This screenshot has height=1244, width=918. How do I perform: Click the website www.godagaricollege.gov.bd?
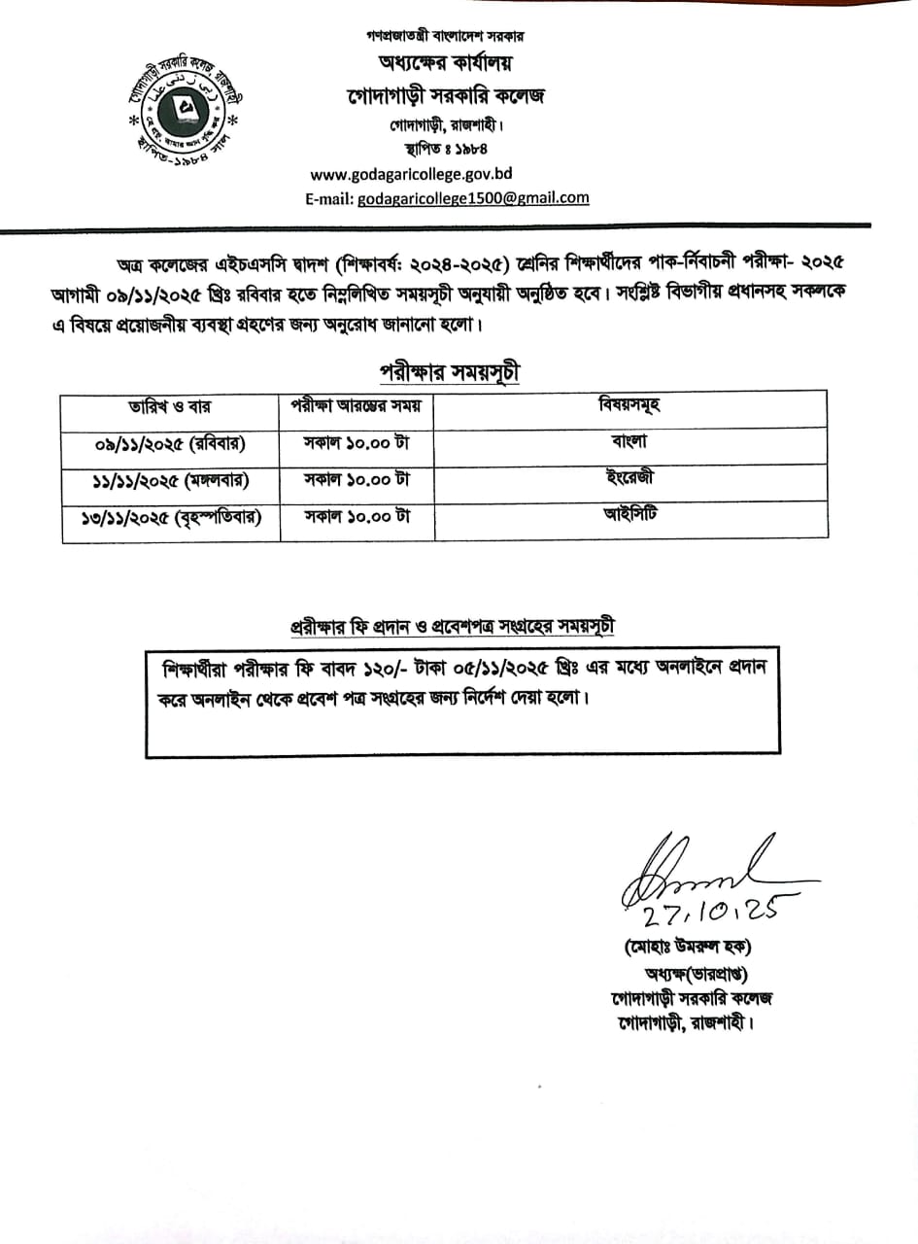tap(411, 175)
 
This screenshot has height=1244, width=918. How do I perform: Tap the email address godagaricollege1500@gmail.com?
tap(473, 197)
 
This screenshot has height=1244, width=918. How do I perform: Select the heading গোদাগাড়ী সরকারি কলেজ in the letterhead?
tap(447, 96)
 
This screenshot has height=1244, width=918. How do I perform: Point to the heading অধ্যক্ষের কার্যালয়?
tap(446, 64)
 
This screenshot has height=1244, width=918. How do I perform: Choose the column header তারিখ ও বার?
tap(170, 405)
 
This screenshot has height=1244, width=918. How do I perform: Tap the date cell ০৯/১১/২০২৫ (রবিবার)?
tap(170, 443)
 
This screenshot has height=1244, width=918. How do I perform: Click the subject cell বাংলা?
tap(629, 440)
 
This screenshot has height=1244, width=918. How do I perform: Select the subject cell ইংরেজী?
tap(629, 477)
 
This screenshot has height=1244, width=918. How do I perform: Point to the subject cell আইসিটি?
tap(629, 514)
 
